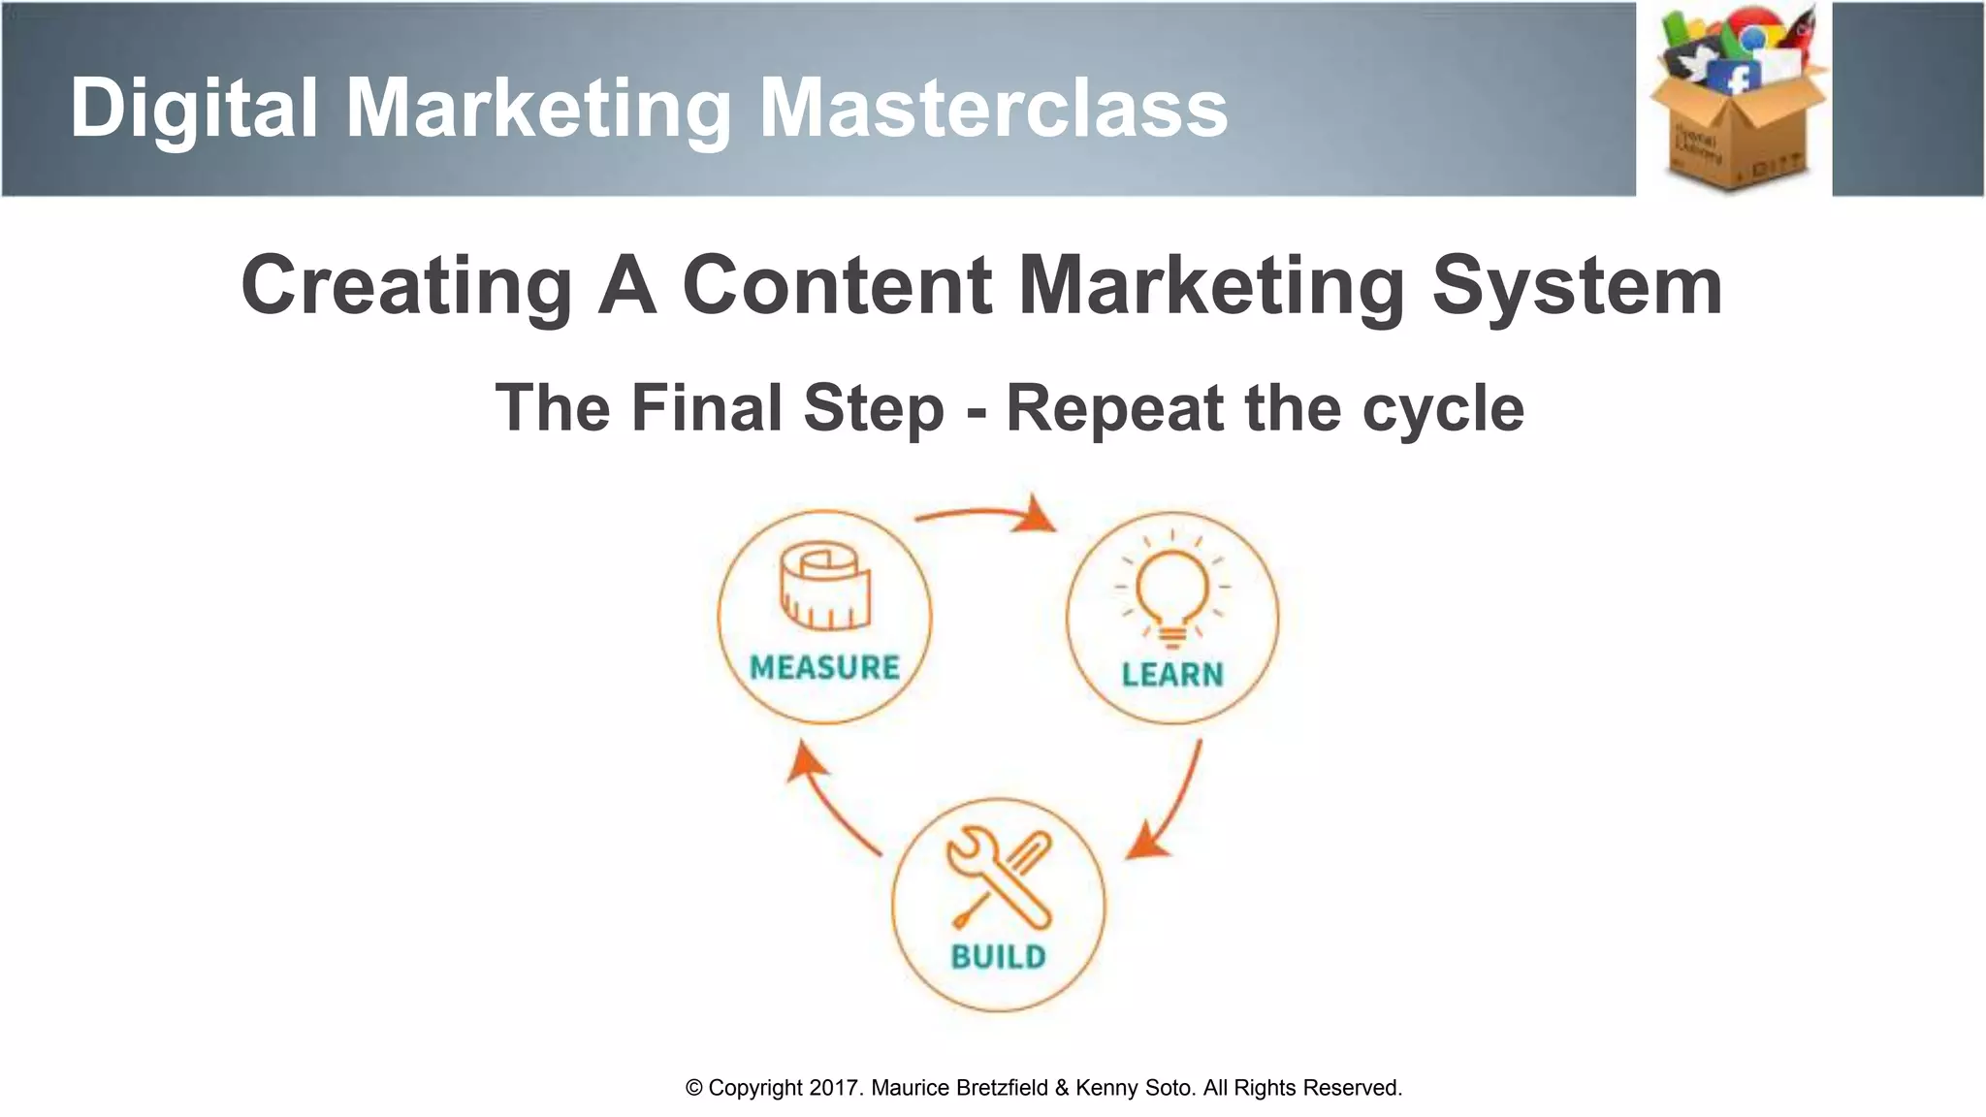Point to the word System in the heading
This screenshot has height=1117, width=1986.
click(1577, 287)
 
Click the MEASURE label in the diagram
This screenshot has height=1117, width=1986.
click(824, 667)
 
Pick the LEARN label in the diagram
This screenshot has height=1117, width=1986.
click(1172, 674)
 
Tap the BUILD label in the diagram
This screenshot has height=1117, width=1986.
click(998, 957)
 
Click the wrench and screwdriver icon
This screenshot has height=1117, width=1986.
click(1000, 878)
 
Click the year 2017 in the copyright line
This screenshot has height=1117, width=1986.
click(834, 1088)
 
